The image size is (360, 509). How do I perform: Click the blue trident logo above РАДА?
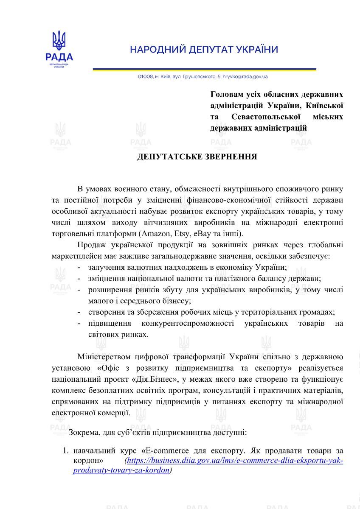point(59,41)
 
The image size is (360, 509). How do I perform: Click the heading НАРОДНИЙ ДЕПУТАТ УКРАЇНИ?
point(204,50)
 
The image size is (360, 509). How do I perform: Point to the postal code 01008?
point(145,77)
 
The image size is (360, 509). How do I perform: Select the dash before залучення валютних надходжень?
point(79,268)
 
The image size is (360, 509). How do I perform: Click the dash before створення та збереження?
point(79,312)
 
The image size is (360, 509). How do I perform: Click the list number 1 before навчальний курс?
point(65,450)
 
